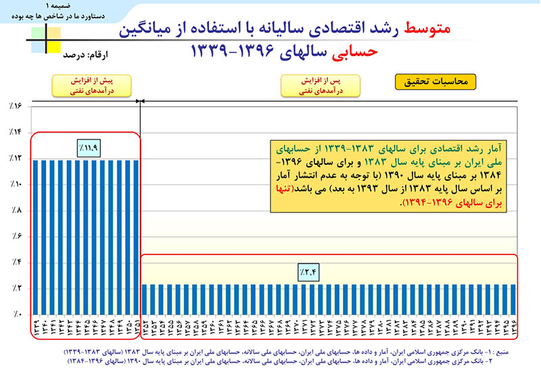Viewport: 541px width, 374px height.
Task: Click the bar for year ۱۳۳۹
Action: [34, 236]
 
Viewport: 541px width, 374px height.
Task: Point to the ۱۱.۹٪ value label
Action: [88, 145]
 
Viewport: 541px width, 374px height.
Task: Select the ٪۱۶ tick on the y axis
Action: [16, 106]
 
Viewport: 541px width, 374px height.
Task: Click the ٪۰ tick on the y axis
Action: [16, 315]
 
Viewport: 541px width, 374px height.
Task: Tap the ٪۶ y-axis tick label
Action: [16, 236]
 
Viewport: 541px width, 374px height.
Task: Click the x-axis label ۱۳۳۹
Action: [34, 329]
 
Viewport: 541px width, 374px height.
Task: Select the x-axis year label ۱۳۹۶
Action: [514, 329]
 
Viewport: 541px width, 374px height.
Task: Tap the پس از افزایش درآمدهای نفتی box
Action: [321, 84]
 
